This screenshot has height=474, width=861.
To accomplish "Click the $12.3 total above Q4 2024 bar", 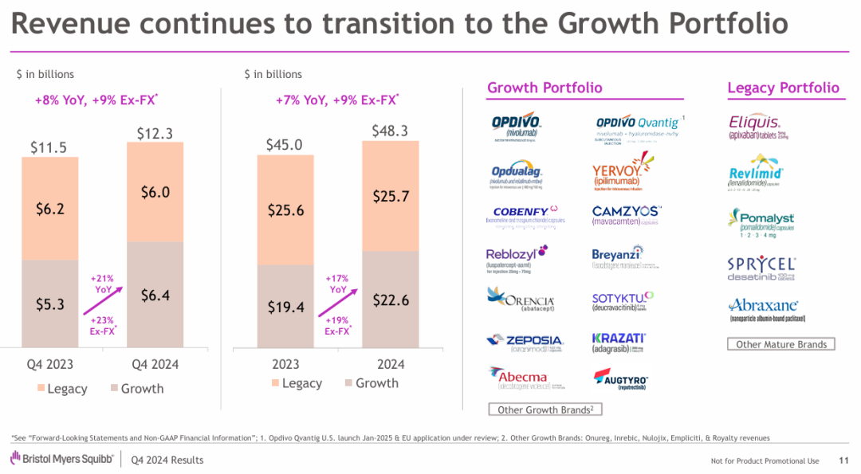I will click(x=155, y=133).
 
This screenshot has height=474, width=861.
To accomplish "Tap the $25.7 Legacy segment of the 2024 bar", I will click(x=390, y=196).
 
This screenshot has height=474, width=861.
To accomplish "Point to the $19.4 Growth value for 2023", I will click(x=285, y=307).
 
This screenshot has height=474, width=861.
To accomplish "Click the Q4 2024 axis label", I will click(x=155, y=364).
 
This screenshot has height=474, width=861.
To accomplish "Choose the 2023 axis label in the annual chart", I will click(x=285, y=364).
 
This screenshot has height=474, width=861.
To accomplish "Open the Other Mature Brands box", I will click(x=781, y=344).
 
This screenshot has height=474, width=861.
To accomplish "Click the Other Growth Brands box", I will click(x=545, y=409).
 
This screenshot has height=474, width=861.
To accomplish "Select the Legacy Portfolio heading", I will click(x=783, y=88).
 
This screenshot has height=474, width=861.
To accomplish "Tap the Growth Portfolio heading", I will click(x=545, y=88).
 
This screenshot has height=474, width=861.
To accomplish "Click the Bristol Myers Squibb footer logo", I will click(x=61, y=459).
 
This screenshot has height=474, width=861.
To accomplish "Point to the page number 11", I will click(x=843, y=460).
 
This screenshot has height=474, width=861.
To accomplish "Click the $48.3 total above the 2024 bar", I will click(x=390, y=130).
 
